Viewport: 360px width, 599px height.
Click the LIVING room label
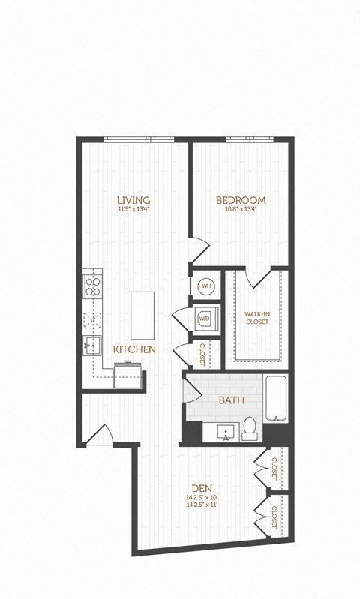click(133, 200)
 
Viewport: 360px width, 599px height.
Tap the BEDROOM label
click(241, 200)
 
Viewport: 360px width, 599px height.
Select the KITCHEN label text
click(134, 349)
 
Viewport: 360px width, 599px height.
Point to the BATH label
click(231, 400)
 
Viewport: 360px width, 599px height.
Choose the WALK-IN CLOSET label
click(257, 318)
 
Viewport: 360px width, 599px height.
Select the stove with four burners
click(92, 285)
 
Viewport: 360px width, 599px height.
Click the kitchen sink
click(92, 345)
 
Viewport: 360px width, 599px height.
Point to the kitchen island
click(142, 315)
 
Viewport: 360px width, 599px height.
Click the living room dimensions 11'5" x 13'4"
click(133, 210)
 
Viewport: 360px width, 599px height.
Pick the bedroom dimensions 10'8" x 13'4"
click(241, 210)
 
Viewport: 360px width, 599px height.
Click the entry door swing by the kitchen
click(100, 435)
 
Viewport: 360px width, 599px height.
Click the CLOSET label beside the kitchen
click(202, 353)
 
